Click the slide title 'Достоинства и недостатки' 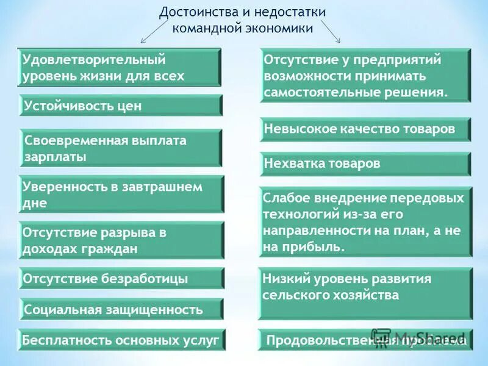click(242, 12)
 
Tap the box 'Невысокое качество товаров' click(365, 129)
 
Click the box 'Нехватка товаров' click(365, 163)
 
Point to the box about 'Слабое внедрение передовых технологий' click(365, 223)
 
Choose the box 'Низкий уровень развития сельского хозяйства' click(365, 293)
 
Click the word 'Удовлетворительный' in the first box click(95, 60)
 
